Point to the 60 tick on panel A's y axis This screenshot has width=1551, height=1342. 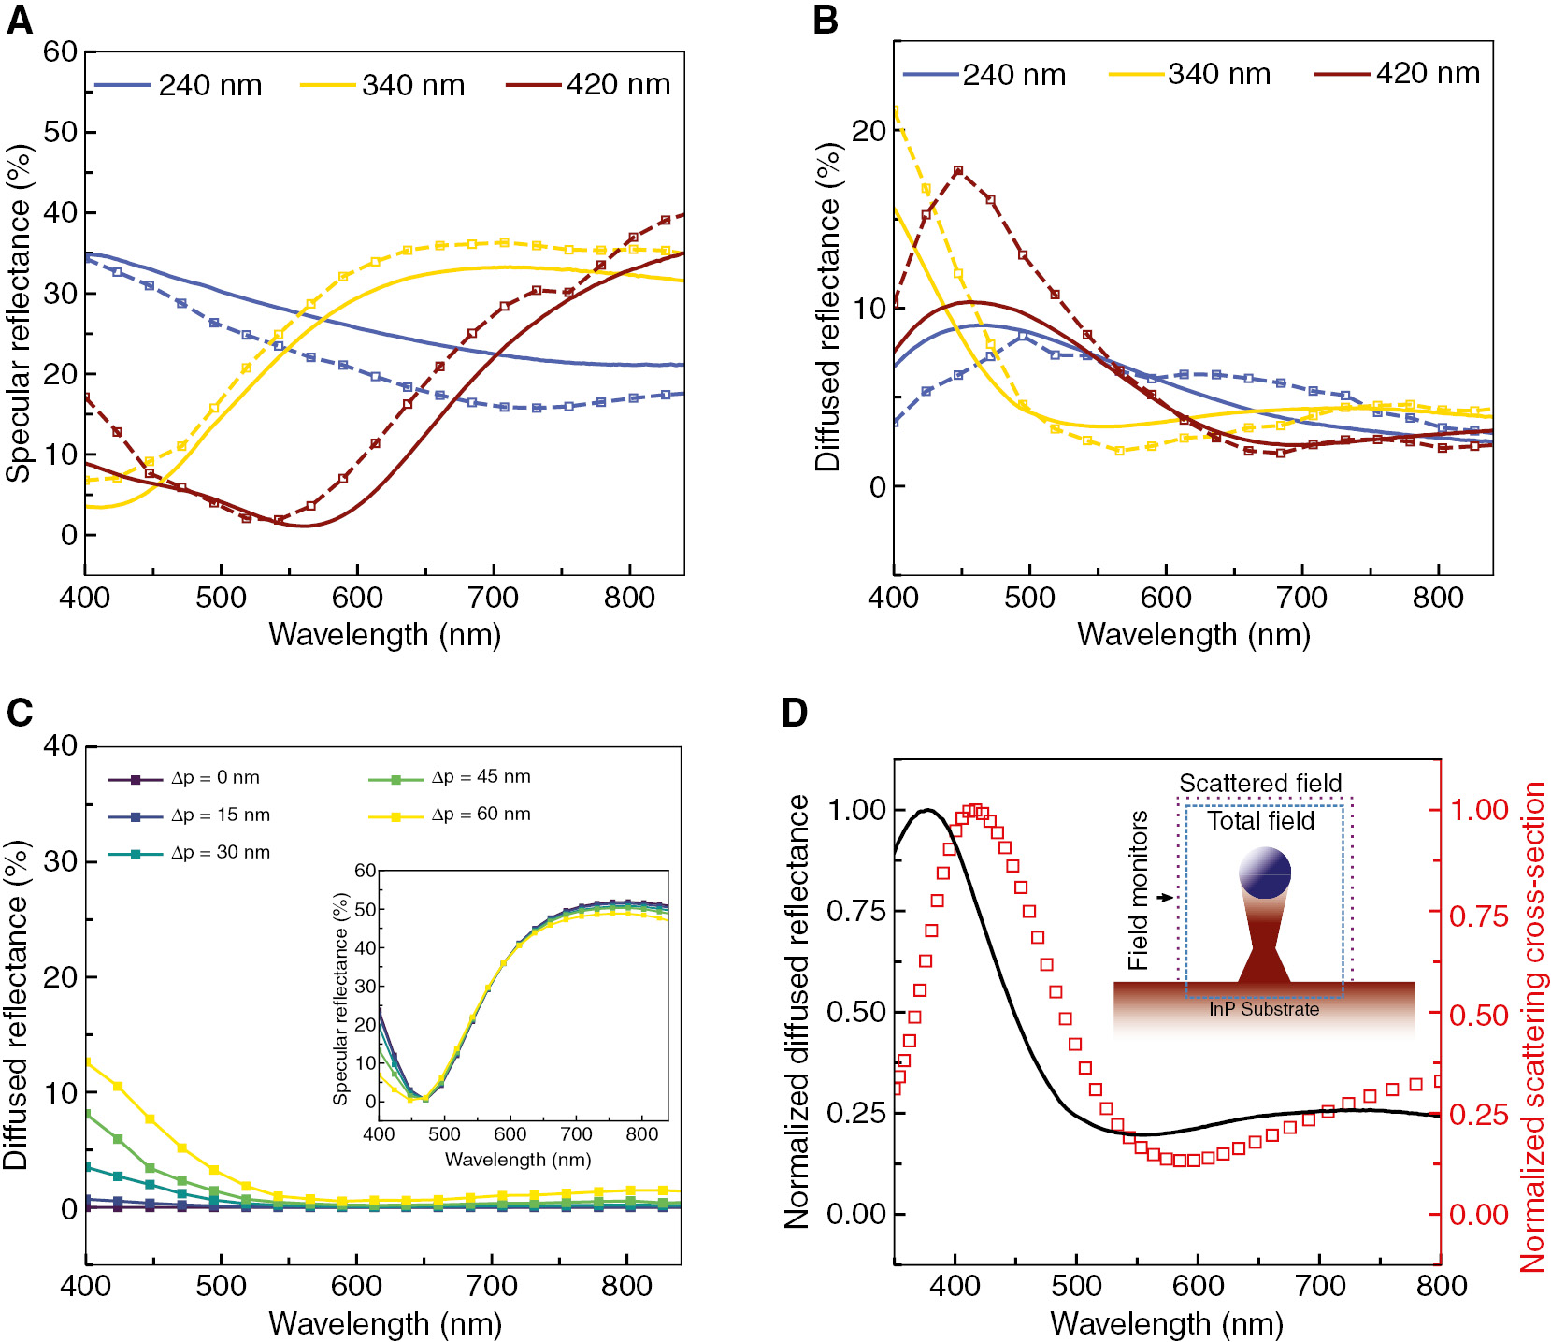61,51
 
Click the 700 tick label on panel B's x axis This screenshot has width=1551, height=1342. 1301,597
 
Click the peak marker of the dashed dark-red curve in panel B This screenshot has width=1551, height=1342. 958,171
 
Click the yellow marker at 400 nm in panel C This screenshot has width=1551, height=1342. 87,1062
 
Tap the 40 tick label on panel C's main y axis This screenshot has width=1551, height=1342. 61,745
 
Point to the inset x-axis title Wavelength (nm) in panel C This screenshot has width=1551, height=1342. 517,1160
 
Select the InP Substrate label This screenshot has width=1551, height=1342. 1264,1009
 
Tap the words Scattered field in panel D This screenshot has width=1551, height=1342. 1259,783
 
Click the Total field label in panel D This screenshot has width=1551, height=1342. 1260,821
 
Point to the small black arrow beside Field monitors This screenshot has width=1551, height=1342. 1165,898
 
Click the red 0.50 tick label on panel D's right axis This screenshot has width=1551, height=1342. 1479,1016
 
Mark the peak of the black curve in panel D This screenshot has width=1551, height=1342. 927,810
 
